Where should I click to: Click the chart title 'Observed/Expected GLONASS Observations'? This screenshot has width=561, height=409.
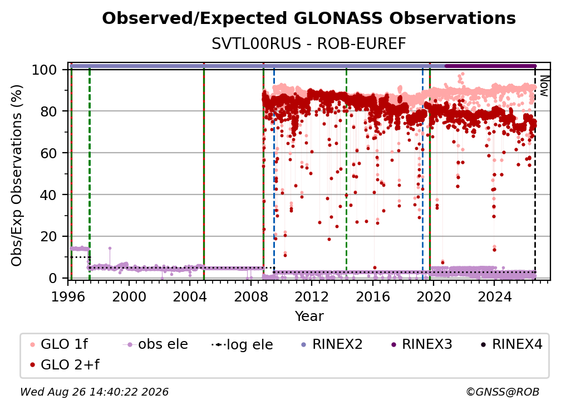coord(309,18)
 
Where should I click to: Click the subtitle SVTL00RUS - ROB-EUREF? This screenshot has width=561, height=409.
coord(309,44)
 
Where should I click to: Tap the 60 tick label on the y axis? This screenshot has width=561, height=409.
coord(48,153)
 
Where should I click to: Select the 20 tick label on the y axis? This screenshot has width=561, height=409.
coord(48,236)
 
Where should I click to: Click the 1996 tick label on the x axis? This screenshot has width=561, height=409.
coord(68,296)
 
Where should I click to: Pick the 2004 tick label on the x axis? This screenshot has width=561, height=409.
coord(190,296)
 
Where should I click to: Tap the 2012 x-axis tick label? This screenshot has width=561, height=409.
coord(312,296)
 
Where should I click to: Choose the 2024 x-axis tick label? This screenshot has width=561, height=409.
coord(494,296)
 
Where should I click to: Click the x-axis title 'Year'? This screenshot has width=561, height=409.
coord(309,317)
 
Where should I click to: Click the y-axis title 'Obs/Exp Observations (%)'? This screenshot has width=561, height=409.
coord(17,176)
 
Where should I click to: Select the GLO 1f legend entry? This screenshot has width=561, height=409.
coord(59,344)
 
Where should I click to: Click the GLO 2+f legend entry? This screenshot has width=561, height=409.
coord(65,364)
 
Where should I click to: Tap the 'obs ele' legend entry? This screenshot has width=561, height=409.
coord(155,344)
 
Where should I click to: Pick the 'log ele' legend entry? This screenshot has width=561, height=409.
coord(242,344)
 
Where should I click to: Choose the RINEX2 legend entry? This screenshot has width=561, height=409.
coord(332,344)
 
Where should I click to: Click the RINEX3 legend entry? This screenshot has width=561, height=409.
coord(421,344)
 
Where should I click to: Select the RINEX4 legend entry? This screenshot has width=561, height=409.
coord(511,344)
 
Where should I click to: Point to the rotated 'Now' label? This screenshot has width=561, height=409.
coord(544,86)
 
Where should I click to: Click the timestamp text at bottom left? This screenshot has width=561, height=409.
coord(94,392)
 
